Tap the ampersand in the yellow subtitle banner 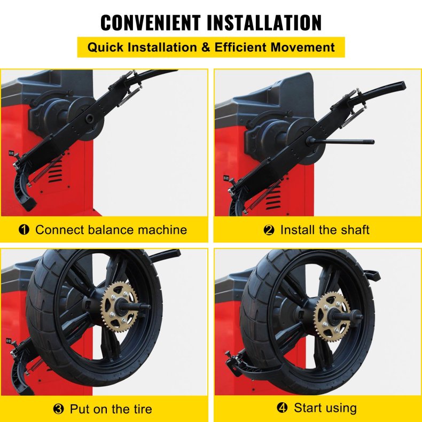click(206, 47)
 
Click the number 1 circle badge click(24, 230)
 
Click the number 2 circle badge click(269, 230)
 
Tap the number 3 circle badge click(58, 409)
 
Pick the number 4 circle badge click(282, 408)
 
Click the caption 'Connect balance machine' click(111, 230)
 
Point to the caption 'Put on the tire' click(111, 409)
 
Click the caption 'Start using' click(325, 408)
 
